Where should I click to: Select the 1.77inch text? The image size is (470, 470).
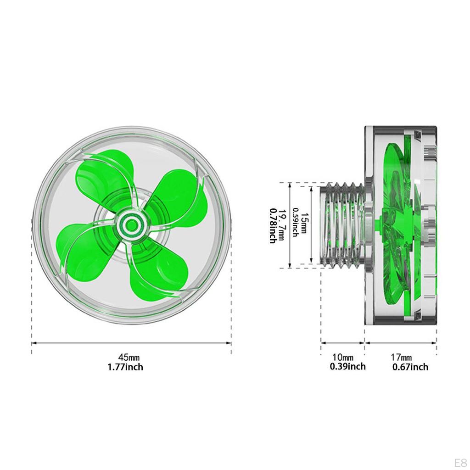(x=125, y=367)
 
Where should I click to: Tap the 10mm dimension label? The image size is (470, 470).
(x=343, y=357)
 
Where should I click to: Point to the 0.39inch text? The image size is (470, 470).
(x=347, y=366)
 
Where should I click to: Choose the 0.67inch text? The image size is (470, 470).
(x=410, y=367)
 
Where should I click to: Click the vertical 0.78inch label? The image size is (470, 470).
(x=273, y=225)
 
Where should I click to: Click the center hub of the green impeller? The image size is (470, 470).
(x=131, y=224)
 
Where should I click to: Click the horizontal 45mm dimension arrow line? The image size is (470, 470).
(x=131, y=343)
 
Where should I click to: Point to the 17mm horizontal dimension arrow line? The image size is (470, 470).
(x=401, y=342)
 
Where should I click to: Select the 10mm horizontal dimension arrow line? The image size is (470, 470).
(x=342, y=342)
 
